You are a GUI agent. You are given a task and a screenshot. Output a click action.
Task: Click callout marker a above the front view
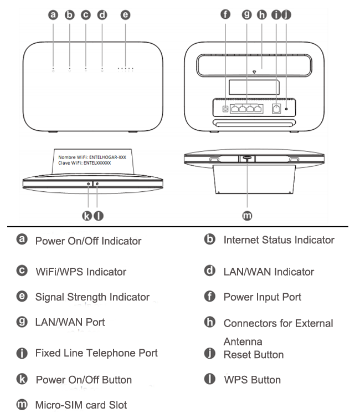pyautogui.click(x=53, y=15)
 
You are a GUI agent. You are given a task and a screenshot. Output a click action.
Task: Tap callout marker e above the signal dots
pyautogui.click(x=125, y=15)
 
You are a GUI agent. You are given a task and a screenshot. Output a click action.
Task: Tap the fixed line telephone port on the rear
pyautogui.click(x=276, y=109)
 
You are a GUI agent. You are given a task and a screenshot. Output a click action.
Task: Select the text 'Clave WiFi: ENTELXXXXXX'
pyautogui.click(x=85, y=164)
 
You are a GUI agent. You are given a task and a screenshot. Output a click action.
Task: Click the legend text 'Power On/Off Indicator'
pyautogui.click(x=88, y=241)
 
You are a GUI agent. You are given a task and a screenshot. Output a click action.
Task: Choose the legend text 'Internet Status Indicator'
pyautogui.click(x=279, y=240)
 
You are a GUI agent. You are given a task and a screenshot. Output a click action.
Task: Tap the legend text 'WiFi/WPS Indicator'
pyautogui.click(x=80, y=272)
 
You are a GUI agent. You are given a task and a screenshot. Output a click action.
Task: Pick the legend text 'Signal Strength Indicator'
pyautogui.click(x=92, y=297)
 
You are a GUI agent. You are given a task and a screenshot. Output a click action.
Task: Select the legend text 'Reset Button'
pyautogui.click(x=253, y=354)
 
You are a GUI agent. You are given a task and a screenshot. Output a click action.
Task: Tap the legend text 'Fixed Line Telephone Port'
pyautogui.click(x=96, y=353)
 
